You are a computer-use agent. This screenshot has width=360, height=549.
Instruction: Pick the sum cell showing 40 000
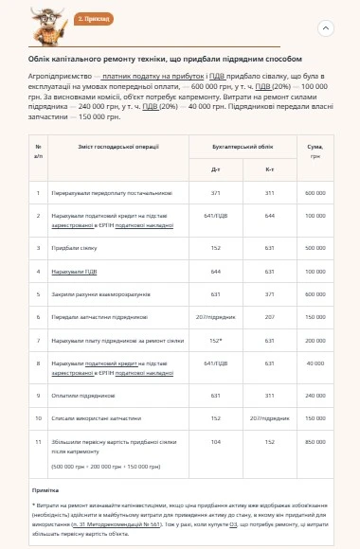point(314,363)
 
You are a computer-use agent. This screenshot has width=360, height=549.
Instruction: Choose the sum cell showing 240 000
point(314,395)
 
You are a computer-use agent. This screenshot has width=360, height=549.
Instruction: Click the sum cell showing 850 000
point(314,440)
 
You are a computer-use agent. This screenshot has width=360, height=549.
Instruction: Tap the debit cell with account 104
point(215,440)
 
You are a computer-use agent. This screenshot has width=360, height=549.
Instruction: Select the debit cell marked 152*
point(215,339)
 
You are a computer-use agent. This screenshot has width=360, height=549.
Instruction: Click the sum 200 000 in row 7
point(314,339)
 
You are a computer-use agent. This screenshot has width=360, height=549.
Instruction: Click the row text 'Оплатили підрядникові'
point(82,395)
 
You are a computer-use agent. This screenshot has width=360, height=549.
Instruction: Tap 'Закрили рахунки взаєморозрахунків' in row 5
point(99,293)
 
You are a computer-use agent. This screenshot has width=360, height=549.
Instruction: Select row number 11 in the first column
point(39,440)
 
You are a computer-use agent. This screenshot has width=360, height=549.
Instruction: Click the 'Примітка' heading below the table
point(45,489)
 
